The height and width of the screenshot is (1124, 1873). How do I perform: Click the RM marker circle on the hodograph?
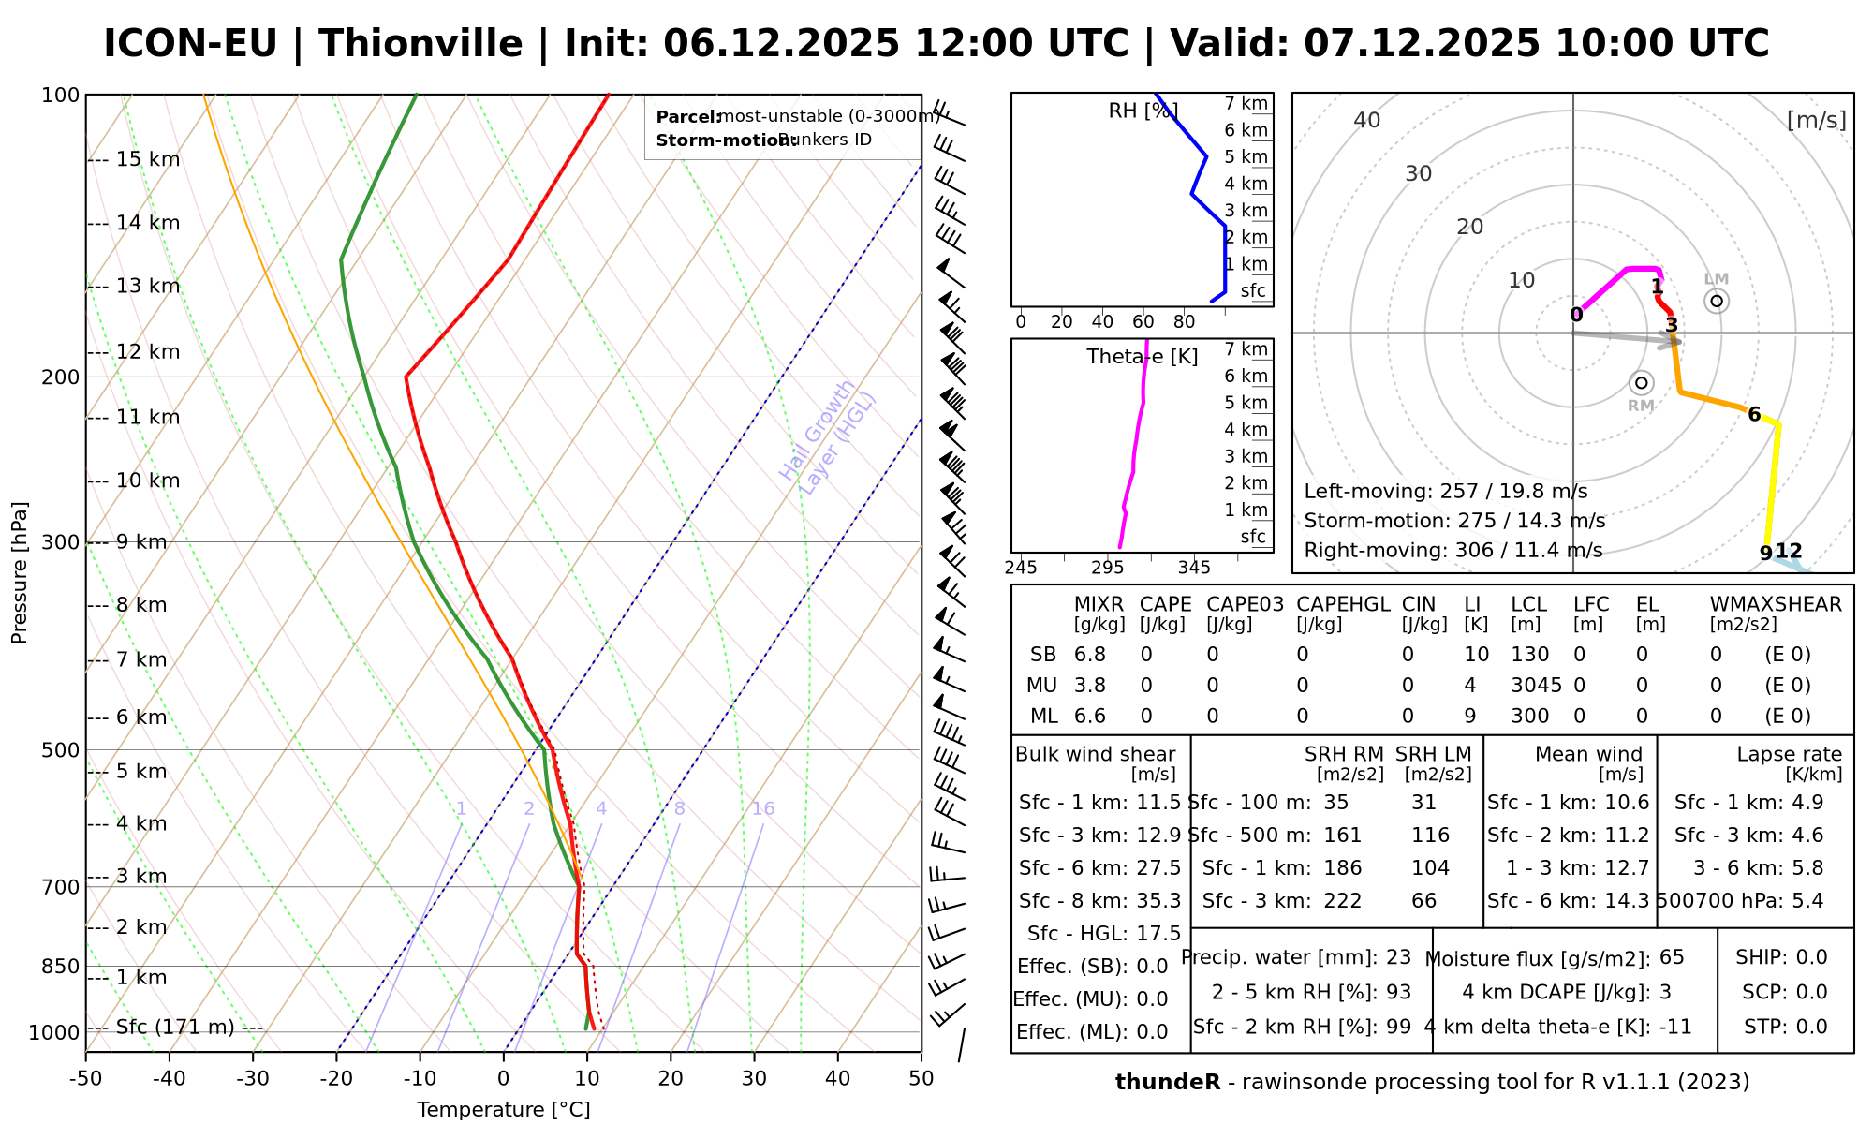[x=1641, y=382]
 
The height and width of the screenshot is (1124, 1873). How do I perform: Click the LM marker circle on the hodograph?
[x=1717, y=301]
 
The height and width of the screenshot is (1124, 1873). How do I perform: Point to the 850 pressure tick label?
[x=61, y=967]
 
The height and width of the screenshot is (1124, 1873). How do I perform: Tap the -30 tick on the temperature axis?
[x=253, y=1079]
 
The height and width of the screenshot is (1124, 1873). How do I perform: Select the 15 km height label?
[x=148, y=160]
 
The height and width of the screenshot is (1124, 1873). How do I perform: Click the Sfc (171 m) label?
[x=175, y=1028]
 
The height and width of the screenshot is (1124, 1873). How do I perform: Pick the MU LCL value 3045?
[x=1536, y=686]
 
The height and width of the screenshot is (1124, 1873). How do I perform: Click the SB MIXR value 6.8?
[x=1090, y=655]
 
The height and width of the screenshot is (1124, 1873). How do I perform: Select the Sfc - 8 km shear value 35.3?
[x=1158, y=901]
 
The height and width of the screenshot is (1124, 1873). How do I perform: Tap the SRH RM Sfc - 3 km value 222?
[x=1343, y=901]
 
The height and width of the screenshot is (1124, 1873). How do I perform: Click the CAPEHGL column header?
[x=1343, y=605]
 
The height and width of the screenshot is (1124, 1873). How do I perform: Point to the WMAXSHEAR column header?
[x=1776, y=605]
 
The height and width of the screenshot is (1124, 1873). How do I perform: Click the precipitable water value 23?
[x=1398, y=957]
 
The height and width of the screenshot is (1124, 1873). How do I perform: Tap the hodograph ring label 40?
[x=1367, y=120]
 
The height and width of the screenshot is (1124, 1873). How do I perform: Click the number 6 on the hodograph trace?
[x=1754, y=415]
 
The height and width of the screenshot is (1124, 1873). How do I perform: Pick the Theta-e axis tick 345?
[x=1194, y=568]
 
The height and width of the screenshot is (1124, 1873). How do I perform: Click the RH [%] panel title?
[x=1143, y=111]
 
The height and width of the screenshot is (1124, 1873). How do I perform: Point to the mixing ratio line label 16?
[x=763, y=809]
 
